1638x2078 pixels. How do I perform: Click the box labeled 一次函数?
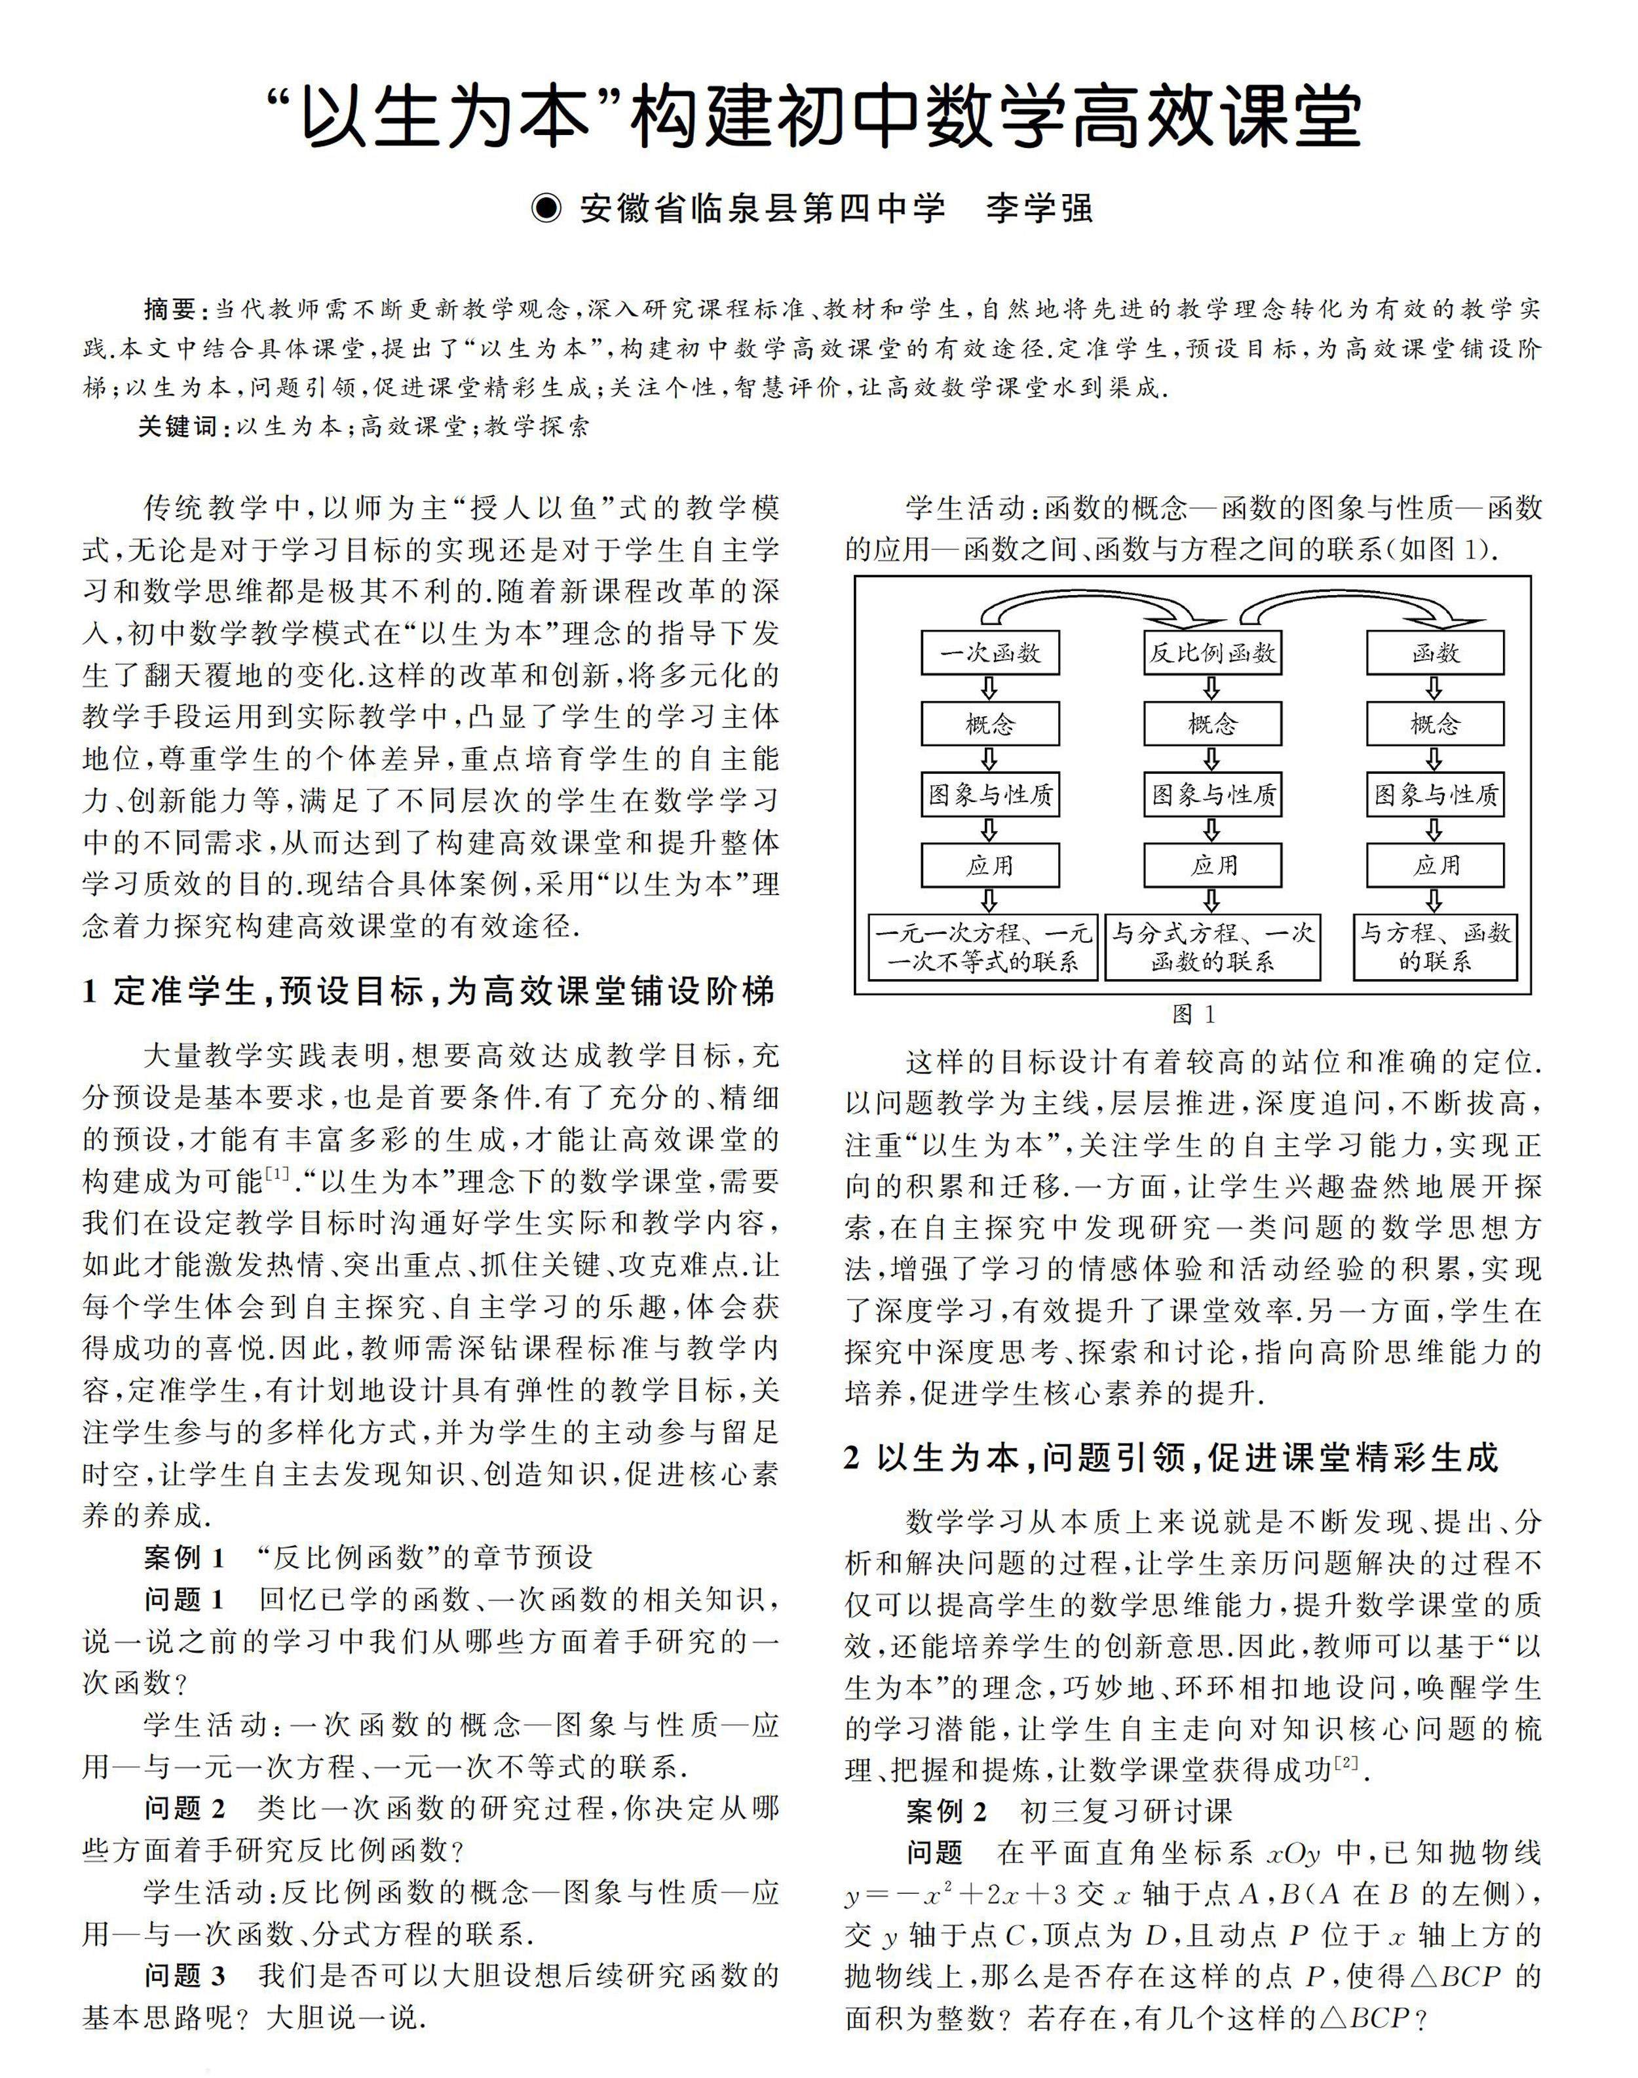pos(990,653)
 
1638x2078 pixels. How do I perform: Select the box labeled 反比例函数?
pos(1212,653)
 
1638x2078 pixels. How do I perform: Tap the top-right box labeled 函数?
pos(1435,653)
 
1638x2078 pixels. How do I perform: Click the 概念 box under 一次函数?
pos(990,724)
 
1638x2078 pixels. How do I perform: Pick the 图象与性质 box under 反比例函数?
pos(1212,795)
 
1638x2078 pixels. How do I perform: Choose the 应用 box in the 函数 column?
pos(1435,866)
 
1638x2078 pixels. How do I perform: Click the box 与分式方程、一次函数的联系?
pos(1212,948)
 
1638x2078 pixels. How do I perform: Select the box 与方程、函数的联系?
pos(1435,948)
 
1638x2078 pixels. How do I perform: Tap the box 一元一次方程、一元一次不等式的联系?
pos(983,948)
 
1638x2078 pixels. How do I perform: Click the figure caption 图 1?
pos(1193,1014)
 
